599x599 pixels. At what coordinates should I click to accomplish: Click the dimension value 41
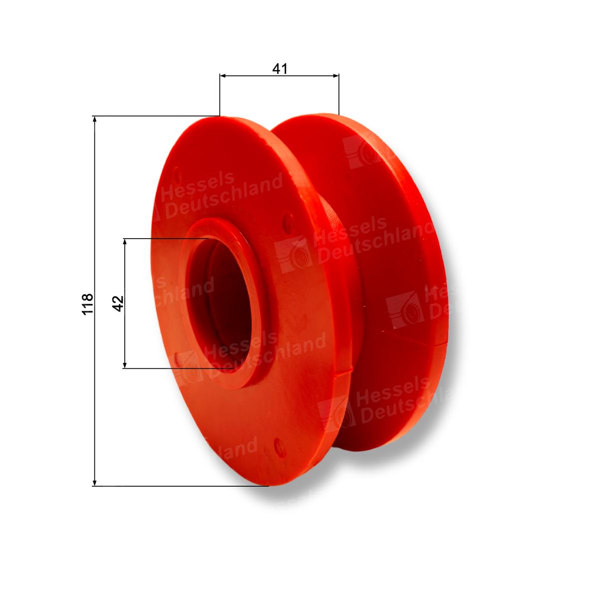pyautogui.click(x=280, y=69)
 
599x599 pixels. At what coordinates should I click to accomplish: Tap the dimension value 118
pyautogui.click(x=87, y=303)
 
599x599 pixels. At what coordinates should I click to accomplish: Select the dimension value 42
pyautogui.click(x=118, y=303)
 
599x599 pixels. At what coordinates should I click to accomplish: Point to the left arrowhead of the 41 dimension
pyautogui.click(x=223, y=75)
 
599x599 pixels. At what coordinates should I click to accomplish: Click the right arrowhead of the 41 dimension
pyautogui.click(x=335, y=75)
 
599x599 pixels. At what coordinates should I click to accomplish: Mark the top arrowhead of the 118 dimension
pyautogui.click(x=95, y=119)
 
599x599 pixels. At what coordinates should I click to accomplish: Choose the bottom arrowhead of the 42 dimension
pyautogui.click(x=125, y=364)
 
